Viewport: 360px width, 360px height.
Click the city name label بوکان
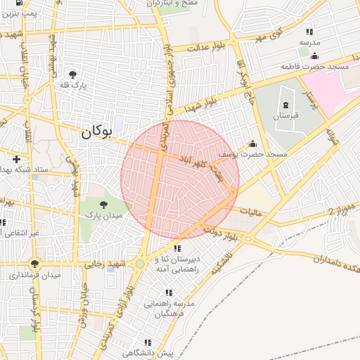click(96, 131)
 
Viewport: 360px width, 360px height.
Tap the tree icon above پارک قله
click(72, 74)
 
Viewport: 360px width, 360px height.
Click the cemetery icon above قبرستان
click(285, 105)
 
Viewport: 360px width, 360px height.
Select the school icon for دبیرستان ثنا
click(178, 248)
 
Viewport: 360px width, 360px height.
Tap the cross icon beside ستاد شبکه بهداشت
click(15, 160)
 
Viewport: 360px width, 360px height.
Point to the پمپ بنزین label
click(20, 13)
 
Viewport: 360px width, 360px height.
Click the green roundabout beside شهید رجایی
click(140, 264)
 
